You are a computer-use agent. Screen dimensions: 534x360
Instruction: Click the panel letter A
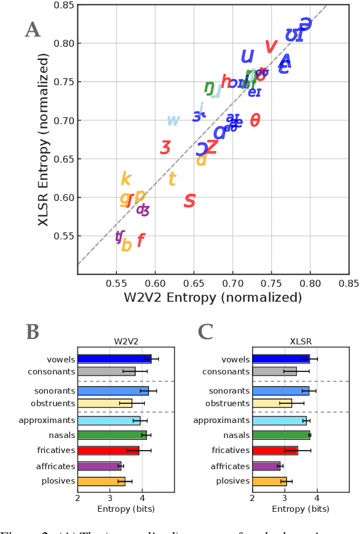(32, 29)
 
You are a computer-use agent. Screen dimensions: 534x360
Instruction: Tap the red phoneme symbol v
(271, 46)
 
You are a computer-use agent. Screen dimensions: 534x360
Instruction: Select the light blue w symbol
(173, 121)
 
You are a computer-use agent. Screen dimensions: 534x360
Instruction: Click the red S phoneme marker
(190, 201)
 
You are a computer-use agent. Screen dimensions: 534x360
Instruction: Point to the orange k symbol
(125, 179)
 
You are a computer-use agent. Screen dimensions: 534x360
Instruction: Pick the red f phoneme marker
(141, 241)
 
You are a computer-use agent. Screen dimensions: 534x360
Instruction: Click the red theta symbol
(255, 121)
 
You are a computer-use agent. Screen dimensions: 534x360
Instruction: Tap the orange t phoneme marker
(172, 179)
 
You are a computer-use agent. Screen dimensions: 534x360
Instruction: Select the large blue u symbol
(247, 56)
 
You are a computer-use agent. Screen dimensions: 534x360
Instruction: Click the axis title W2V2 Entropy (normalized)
(213, 297)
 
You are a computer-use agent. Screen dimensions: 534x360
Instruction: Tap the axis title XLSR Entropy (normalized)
(43, 139)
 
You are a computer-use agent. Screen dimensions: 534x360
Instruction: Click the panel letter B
(34, 332)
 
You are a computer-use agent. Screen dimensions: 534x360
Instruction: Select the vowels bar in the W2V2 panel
(114, 359)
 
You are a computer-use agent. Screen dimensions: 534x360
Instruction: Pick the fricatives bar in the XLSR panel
(275, 450)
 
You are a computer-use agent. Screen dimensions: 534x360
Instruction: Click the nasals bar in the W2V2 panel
(112, 435)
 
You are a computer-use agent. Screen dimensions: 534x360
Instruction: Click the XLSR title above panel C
(284, 342)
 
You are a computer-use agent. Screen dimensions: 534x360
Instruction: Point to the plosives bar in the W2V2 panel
(101, 481)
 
